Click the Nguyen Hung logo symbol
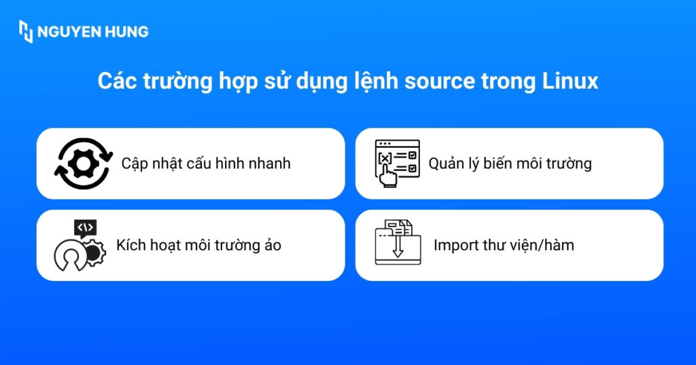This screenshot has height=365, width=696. (25, 31)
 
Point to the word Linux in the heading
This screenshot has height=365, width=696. (570, 81)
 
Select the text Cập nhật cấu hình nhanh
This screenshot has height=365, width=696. (206, 164)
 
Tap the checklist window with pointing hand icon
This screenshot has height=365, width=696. (398, 164)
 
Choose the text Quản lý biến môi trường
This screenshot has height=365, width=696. (510, 164)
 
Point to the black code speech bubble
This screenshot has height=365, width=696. (86, 227)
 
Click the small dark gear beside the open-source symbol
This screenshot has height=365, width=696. (94, 254)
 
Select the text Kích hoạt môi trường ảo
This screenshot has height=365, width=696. (198, 245)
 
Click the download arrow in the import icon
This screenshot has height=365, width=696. (398, 247)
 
